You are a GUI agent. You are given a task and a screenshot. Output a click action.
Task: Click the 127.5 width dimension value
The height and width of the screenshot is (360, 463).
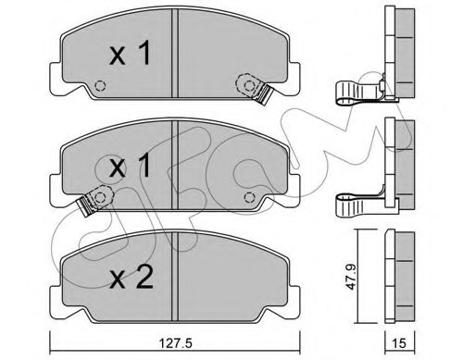(175, 342)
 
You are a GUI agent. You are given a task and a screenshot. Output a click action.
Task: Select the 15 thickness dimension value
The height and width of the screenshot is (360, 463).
(399, 342)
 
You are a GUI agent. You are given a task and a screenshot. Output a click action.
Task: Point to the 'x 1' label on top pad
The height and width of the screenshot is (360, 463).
(131, 53)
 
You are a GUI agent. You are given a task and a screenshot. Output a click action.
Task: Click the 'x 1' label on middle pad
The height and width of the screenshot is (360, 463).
(131, 166)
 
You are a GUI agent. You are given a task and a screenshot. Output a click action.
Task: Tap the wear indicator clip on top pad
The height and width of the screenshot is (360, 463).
(255, 88)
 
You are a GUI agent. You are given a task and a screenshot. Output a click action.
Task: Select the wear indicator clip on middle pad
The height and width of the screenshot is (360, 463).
(94, 200)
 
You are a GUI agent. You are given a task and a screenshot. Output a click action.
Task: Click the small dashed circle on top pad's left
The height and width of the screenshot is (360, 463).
(100, 85)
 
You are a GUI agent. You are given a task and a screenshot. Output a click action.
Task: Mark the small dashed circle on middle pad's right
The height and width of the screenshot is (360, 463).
(249, 197)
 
